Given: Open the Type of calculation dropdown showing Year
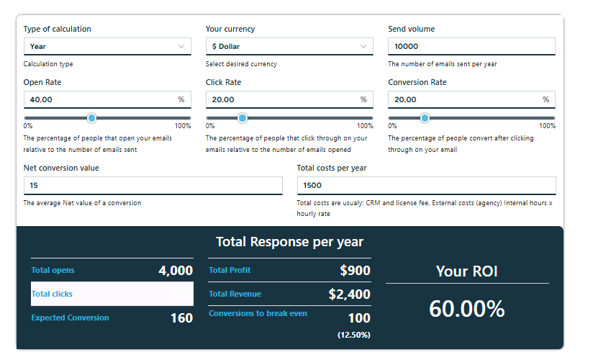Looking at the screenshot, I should pos(107,47).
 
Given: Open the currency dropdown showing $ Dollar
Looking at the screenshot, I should pos(289,47).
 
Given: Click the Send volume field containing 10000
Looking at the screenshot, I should pos(471,47).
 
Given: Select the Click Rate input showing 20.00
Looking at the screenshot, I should pos(283,100).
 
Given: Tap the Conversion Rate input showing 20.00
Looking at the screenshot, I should pos(465,100).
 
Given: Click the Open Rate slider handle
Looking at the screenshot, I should pos(91,118).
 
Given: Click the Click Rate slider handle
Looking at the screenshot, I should pos(243,118).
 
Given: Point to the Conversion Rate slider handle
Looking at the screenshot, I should pos(425,118).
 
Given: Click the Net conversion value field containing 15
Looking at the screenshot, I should pos(153,186).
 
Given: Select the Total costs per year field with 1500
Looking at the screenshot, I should pos(426,186).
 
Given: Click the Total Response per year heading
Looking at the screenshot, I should pos(289,242).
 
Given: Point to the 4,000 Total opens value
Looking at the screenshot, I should pos(176,271).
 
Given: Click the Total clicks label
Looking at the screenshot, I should pos(52,294).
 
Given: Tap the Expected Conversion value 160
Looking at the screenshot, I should pos(181,318).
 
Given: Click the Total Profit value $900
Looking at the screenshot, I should pos(355,271).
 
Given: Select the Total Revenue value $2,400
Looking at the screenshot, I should pos(349,294).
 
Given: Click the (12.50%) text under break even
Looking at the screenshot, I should pos(353,335).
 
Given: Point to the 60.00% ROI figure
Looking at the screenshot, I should pos(467,309).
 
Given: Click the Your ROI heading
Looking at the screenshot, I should pos(467,271).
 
